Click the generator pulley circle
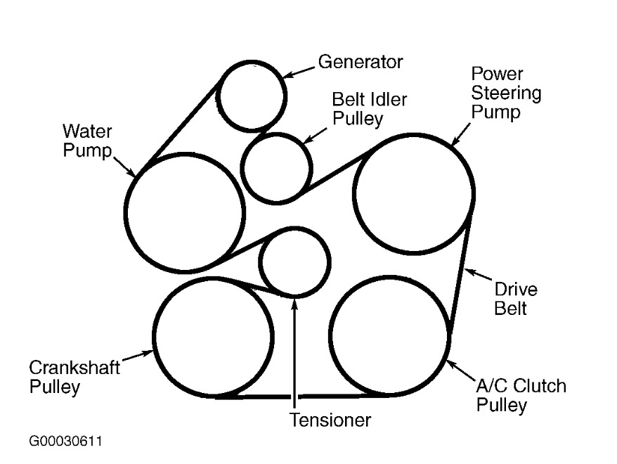click(x=252, y=96)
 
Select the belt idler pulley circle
click(x=277, y=168)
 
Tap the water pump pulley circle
click(x=185, y=212)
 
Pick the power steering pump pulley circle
click(x=413, y=193)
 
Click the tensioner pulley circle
click(x=294, y=262)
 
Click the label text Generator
click(x=361, y=62)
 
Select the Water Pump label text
click(x=87, y=140)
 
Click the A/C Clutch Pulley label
click(x=521, y=395)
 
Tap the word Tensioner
click(x=330, y=420)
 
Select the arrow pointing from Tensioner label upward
click(x=295, y=352)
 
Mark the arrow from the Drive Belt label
click(x=479, y=276)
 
